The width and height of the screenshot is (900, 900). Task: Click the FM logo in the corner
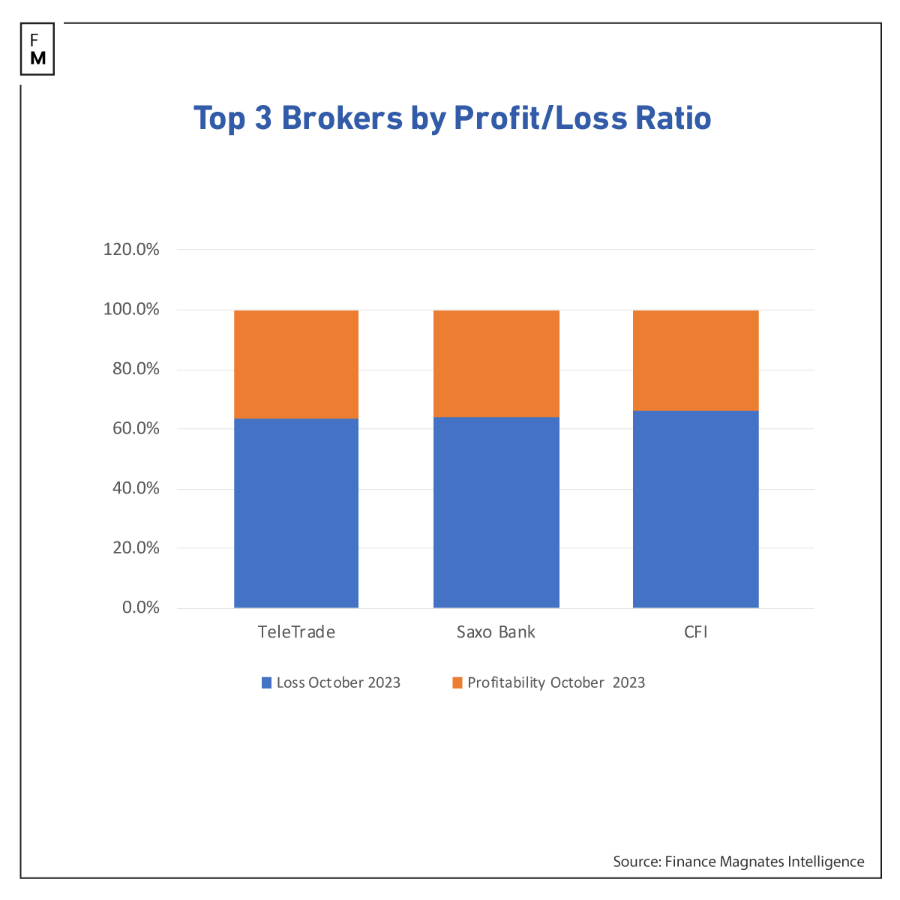(x=37, y=49)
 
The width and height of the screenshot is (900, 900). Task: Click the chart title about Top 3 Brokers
(x=452, y=118)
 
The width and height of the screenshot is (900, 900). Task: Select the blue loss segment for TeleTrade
(x=296, y=513)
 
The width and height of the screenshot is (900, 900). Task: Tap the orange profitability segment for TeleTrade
(x=296, y=364)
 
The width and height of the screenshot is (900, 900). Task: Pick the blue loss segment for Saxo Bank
(x=496, y=512)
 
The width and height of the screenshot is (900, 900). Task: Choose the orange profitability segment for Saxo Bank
(x=496, y=364)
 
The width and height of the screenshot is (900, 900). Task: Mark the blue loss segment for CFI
(x=696, y=509)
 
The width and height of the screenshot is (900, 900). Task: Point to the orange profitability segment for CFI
(x=696, y=361)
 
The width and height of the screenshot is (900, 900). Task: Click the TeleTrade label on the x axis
(x=296, y=632)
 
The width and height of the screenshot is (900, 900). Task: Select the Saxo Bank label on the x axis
(x=496, y=632)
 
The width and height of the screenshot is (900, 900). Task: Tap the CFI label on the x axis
(x=696, y=632)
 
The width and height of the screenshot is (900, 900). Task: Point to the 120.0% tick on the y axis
(x=131, y=250)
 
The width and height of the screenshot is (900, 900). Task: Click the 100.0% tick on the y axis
(x=131, y=309)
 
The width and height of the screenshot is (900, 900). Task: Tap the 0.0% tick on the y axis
(x=141, y=607)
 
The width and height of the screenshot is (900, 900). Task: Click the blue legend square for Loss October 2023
(x=266, y=683)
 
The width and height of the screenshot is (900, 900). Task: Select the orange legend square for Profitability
(x=457, y=683)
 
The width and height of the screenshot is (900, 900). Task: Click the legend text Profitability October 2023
(x=556, y=683)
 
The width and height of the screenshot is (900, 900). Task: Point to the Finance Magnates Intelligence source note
(x=738, y=862)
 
